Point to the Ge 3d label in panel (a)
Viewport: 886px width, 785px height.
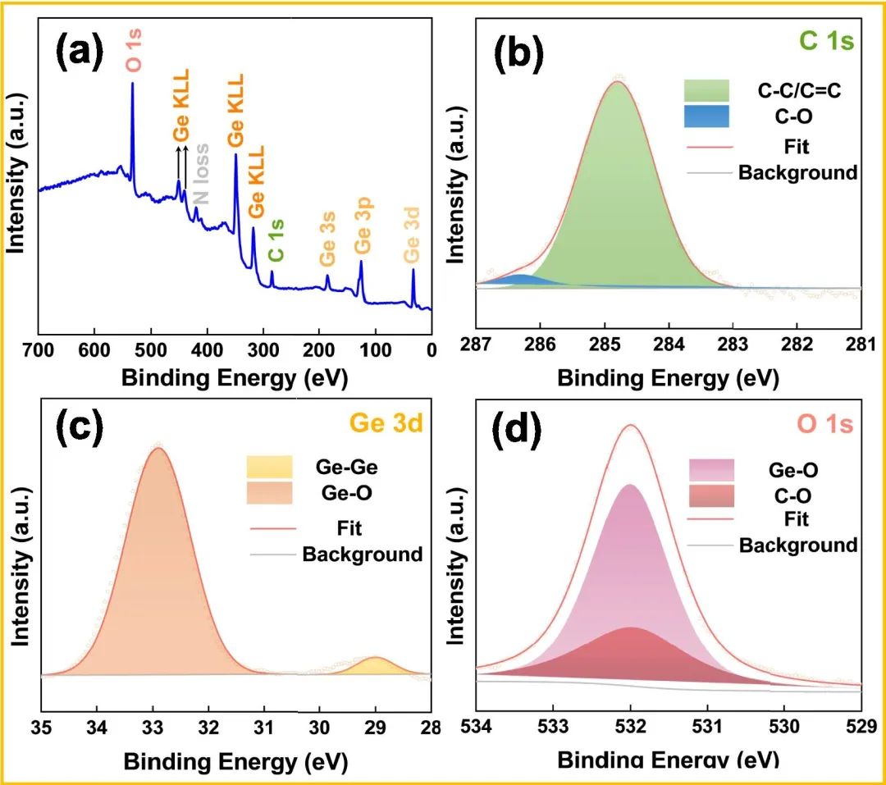pos(412,240)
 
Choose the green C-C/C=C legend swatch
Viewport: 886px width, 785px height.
pos(706,90)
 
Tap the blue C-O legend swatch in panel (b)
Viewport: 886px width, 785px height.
pos(706,116)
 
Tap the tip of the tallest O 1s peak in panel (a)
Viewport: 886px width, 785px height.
pos(132,84)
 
